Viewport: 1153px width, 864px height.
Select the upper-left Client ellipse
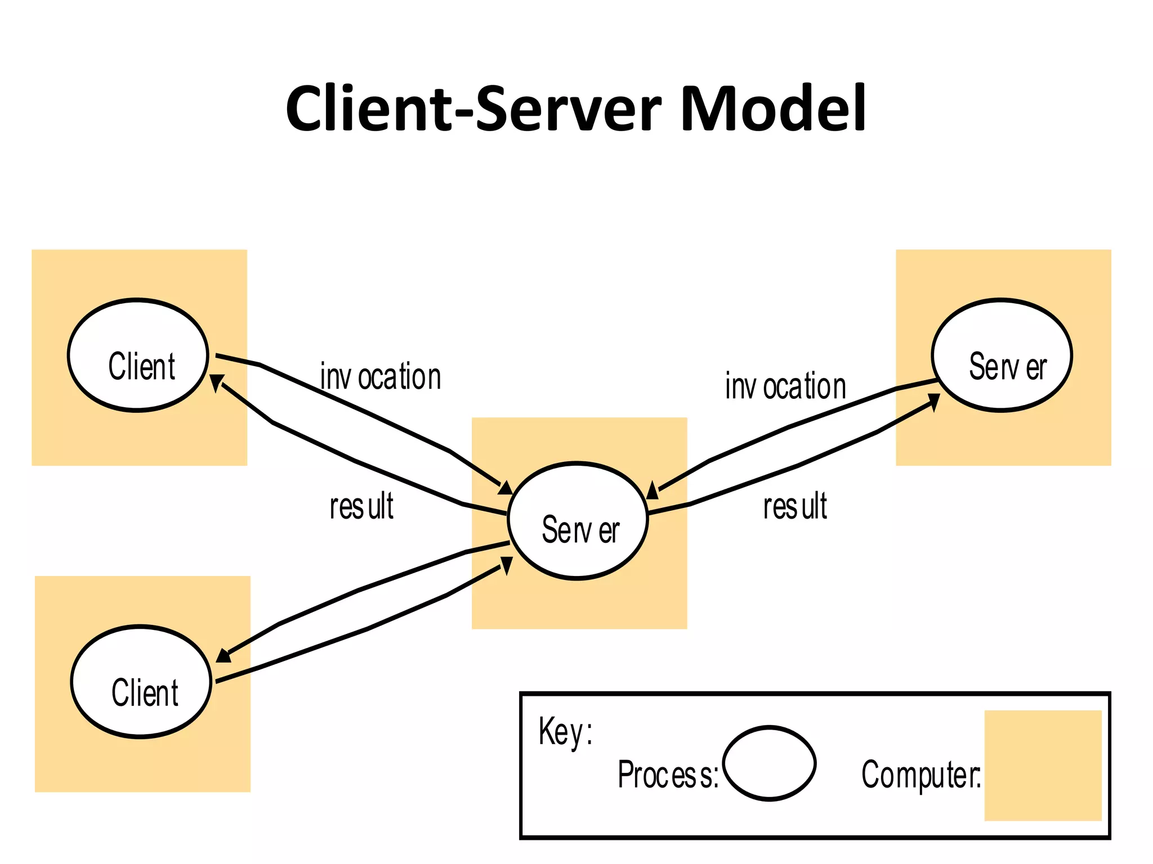138,355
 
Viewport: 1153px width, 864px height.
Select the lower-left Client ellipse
141,682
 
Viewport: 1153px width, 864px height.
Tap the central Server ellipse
578,521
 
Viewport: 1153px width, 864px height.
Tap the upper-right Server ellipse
1002,355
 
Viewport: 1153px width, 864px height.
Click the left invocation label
381,376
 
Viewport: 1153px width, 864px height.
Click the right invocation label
785,386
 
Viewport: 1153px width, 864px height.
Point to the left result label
361,506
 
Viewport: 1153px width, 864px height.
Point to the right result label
795,506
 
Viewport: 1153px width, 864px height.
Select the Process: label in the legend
668,775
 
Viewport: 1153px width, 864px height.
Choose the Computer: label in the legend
921,775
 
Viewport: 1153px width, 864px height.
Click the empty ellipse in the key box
769,763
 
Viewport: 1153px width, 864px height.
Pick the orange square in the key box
1043,765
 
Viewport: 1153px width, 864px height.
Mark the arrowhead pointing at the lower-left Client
224,656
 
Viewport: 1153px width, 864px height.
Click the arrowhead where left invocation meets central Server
506,488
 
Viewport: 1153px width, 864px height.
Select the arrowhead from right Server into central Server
653,491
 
